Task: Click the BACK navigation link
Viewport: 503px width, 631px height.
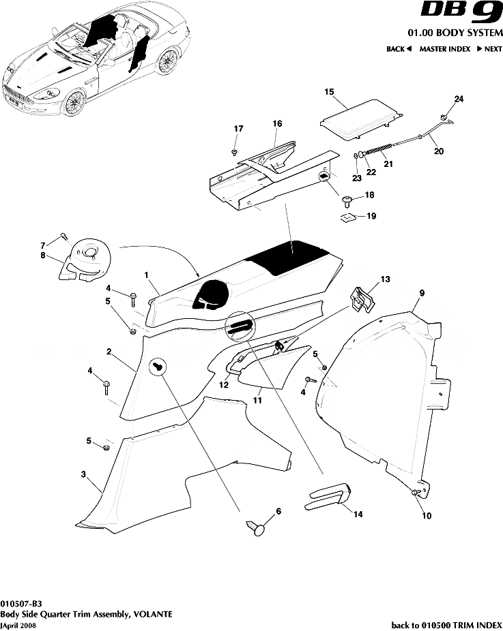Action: click(399, 49)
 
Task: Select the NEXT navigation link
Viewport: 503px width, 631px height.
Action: click(489, 49)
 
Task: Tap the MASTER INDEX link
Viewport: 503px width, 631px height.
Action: click(444, 49)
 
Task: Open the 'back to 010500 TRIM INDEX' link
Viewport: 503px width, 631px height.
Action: click(446, 624)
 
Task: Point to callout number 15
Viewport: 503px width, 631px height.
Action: click(328, 91)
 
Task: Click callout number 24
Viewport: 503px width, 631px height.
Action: click(459, 99)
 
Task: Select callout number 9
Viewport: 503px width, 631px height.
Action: click(422, 292)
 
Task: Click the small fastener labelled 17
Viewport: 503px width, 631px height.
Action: click(235, 151)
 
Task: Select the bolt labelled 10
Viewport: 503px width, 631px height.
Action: click(415, 493)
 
